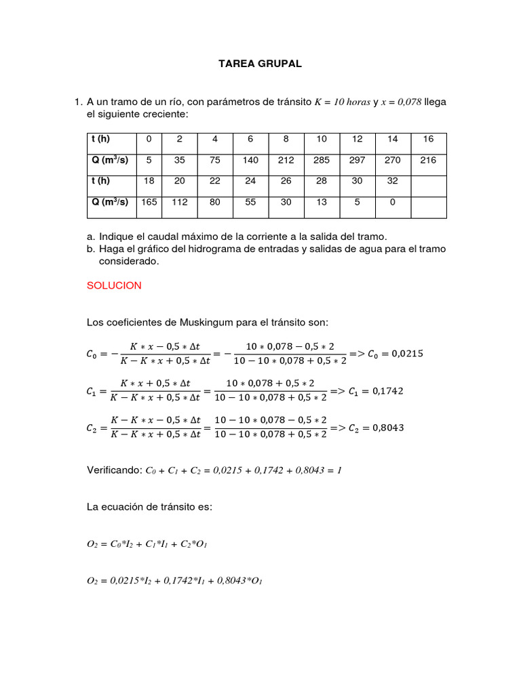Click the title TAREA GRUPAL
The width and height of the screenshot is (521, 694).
pos(260,64)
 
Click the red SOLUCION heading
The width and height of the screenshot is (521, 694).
pos(114,285)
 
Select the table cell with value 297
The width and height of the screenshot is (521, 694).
pos(357,160)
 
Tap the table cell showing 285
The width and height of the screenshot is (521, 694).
pos(322,160)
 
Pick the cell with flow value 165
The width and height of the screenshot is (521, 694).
pos(149,202)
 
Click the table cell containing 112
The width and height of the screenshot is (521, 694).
pos(179,202)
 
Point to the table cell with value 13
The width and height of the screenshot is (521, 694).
pos(322,202)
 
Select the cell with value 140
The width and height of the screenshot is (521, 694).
pos(250,160)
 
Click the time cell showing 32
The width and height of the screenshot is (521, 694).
pos(393,181)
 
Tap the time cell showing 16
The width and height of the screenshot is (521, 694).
pos(428,139)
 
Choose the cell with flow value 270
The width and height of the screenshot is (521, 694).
pos(393,160)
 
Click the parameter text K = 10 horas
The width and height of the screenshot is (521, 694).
pos(343,102)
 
